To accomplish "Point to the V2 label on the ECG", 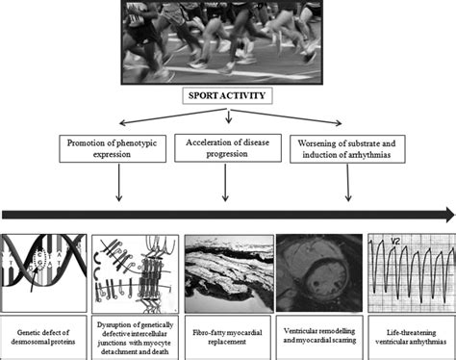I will point(395,244).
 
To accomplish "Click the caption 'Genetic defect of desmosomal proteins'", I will point(46,335).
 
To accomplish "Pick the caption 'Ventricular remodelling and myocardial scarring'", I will point(318,335).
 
